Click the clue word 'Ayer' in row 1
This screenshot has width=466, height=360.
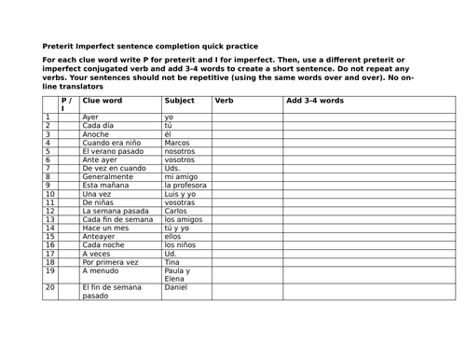pyautogui.click(x=90, y=118)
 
